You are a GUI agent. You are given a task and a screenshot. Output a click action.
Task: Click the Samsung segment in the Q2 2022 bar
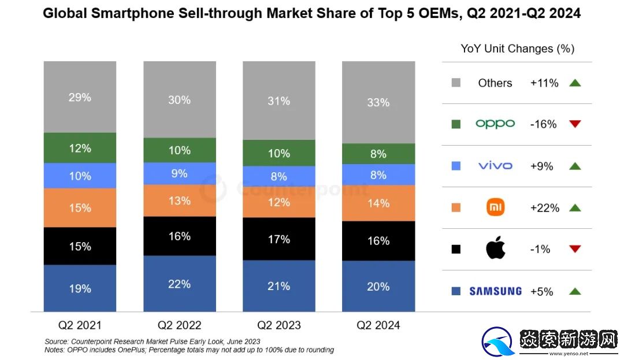179,284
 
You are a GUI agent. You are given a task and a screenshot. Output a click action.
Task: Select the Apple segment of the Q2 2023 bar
278,239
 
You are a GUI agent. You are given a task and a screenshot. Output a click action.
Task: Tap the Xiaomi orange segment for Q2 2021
80,207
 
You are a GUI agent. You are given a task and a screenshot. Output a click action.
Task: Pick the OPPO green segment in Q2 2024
378,154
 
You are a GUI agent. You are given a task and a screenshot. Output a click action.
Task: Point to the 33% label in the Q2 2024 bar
378,102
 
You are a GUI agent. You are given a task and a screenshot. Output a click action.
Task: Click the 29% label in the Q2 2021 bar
80,97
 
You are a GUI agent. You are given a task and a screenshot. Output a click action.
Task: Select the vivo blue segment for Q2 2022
179,173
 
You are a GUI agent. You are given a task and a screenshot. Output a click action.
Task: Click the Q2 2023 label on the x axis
278,325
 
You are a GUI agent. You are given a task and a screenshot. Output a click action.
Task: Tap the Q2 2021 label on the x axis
80,325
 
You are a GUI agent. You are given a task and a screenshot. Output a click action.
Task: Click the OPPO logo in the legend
495,124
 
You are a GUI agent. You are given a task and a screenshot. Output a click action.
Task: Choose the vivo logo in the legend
495,166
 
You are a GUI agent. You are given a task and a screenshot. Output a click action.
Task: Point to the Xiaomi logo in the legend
495,207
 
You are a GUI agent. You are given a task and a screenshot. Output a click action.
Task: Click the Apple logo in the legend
495,249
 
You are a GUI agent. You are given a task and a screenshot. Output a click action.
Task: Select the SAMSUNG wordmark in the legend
495,291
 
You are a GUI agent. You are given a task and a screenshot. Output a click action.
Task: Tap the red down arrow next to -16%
574,124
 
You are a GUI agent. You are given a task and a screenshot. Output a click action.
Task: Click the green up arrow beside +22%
574,207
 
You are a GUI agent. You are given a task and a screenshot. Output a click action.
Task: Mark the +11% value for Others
544,83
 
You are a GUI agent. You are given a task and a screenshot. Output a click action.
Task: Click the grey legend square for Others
456,83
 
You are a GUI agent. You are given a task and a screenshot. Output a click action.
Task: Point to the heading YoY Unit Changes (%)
517,49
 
